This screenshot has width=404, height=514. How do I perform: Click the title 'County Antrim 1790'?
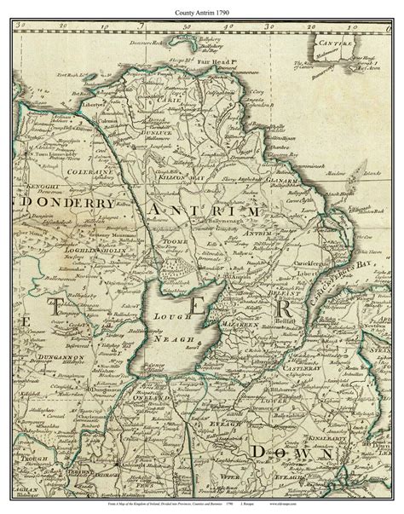click(201, 9)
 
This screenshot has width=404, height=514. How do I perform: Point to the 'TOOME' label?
click(171, 241)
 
